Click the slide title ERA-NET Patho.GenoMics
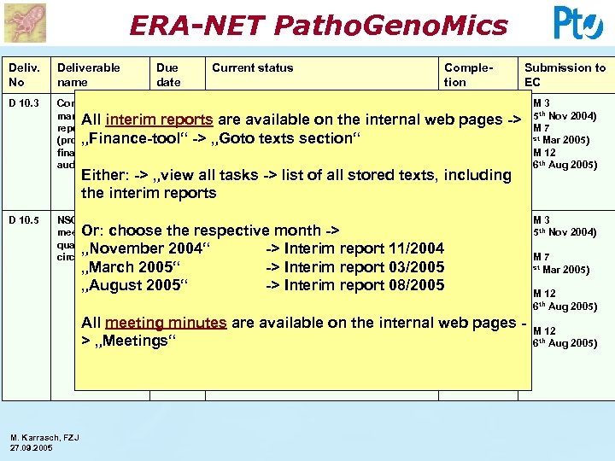point(318,25)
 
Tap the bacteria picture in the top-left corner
point(24,22)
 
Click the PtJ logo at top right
point(578,22)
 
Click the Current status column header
point(252,67)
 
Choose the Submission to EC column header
point(565,73)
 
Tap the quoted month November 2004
point(144,248)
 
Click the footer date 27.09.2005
point(32,447)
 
